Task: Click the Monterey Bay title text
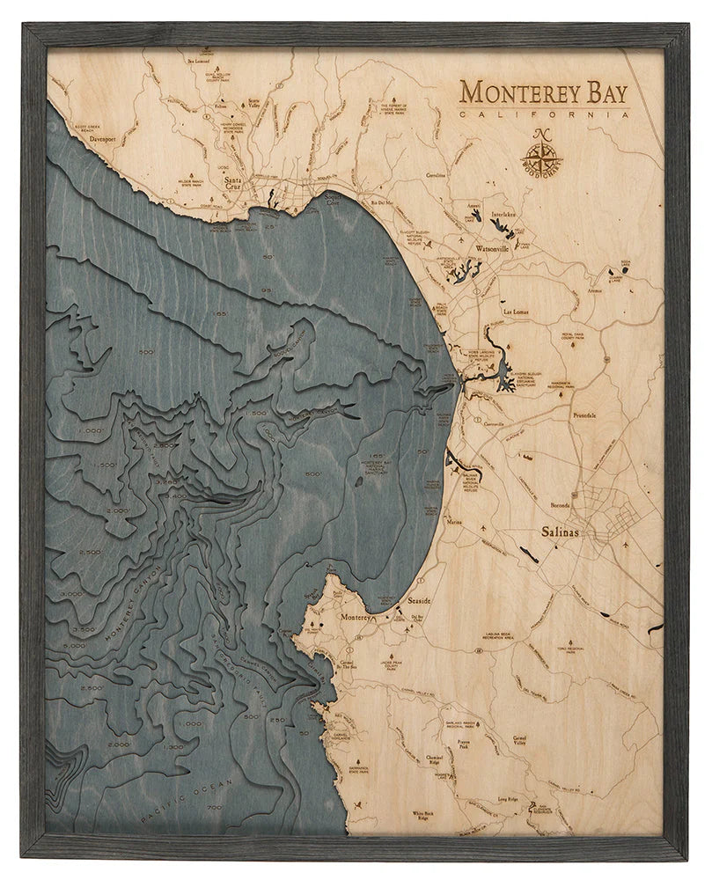click(545, 92)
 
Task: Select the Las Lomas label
click(518, 312)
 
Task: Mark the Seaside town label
click(420, 599)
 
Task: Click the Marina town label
click(455, 522)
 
